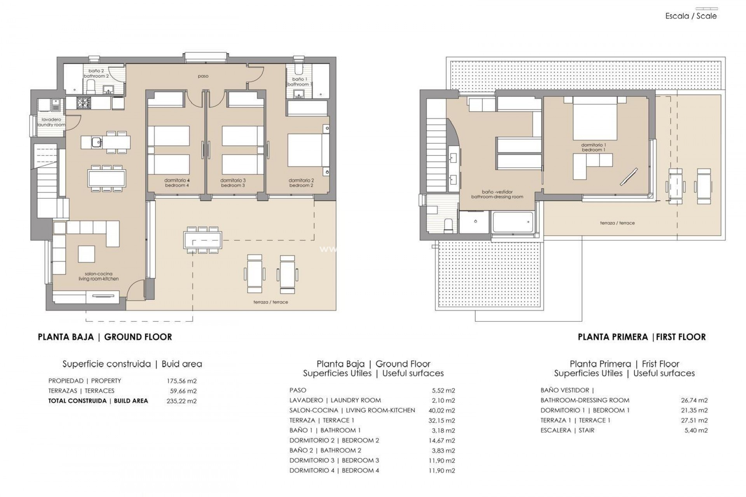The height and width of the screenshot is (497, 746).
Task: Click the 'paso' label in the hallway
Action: pos(203,76)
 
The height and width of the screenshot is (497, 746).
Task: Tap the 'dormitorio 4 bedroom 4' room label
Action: pos(177,183)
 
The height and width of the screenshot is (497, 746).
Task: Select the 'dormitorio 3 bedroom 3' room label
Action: pos(233,183)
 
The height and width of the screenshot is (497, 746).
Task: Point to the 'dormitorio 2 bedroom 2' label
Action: pos(301,183)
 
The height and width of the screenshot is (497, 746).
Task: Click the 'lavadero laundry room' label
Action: pos(51,122)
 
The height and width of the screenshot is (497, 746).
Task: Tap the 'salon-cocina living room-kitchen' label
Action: pos(98,276)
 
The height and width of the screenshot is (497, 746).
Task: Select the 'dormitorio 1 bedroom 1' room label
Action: pos(593,148)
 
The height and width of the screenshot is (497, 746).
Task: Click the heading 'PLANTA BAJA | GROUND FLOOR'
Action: pos(105,337)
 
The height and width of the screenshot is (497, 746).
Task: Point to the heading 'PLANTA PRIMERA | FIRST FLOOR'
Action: pos(641,337)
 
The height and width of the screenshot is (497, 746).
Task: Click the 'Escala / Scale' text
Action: pos(691,16)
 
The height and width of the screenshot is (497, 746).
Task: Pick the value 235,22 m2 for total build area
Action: pos(181,401)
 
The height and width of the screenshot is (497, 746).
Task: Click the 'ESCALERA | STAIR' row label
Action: pos(567,430)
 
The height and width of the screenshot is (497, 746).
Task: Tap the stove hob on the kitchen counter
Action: pos(82,103)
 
